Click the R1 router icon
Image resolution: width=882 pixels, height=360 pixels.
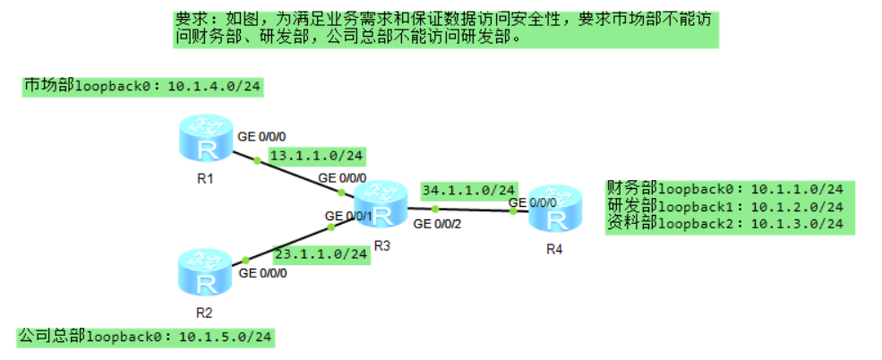[x=206, y=141]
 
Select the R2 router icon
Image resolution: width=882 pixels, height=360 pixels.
[x=205, y=273]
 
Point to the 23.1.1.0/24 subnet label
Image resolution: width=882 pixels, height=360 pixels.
[x=321, y=253]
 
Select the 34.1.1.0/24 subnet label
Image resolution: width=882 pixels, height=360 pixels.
[x=468, y=190]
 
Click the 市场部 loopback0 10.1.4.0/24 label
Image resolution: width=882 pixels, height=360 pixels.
[x=142, y=86]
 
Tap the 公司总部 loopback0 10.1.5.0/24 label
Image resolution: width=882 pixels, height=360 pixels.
[x=145, y=337]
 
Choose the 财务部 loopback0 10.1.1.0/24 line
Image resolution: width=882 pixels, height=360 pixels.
[x=724, y=190]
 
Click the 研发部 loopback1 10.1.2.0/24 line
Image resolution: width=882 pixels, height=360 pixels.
[x=724, y=206]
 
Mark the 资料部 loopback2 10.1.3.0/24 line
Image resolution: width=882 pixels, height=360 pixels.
[x=724, y=223]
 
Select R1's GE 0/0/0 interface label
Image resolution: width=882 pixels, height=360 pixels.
[x=261, y=137]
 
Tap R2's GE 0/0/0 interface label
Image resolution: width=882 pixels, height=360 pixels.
[x=262, y=273]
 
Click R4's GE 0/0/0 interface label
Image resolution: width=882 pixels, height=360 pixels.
[x=533, y=202]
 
